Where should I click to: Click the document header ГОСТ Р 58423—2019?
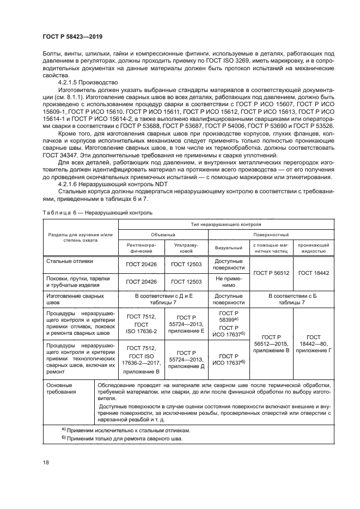pyautogui.click(x=72, y=37)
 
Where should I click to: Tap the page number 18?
pyautogui.click(x=45, y=462)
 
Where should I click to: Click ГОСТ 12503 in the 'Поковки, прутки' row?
pyautogui.click(x=186, y=281)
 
